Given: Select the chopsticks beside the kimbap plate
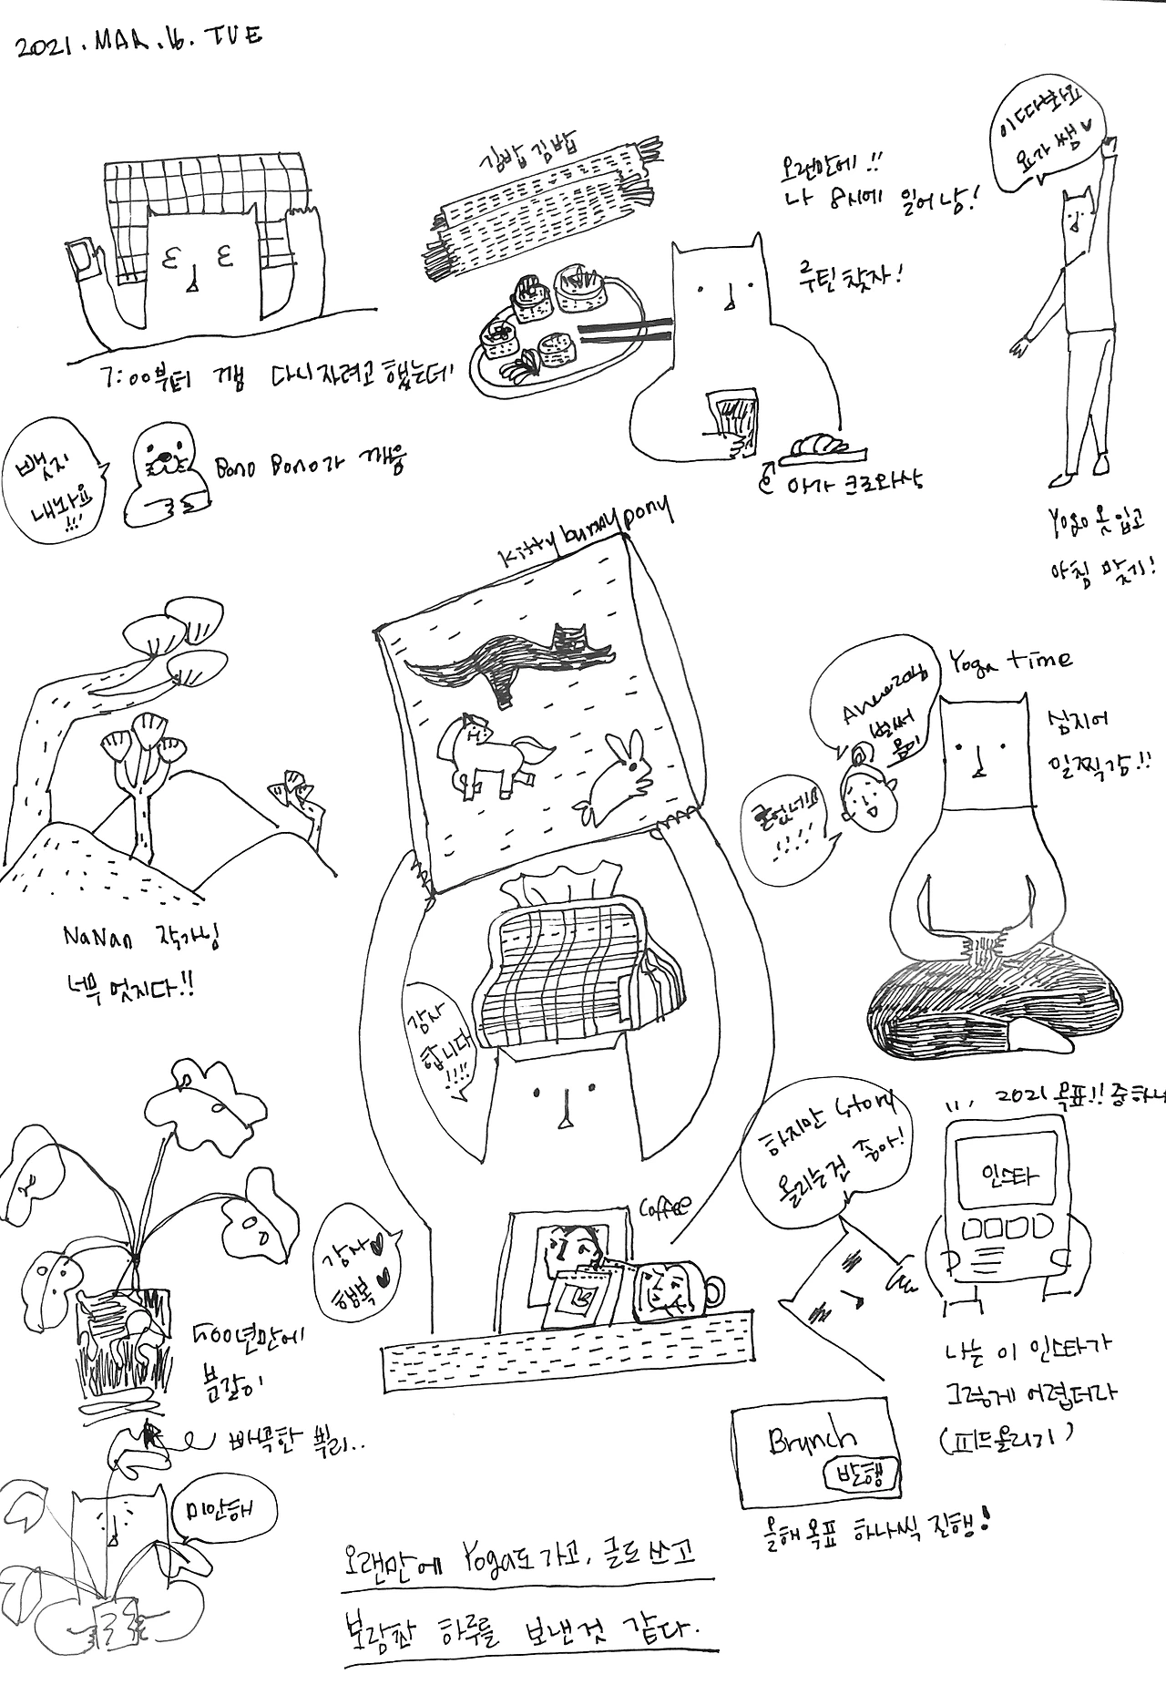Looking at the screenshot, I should [629, 333].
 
